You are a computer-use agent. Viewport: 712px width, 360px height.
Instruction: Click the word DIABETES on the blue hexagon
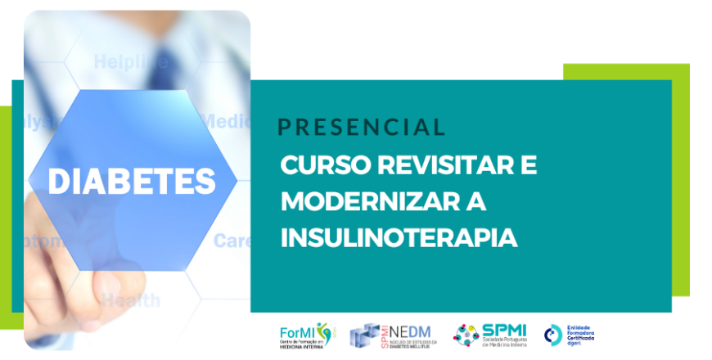[x=132, y=180]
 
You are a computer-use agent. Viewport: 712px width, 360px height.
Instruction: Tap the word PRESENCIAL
[x=361, y=127]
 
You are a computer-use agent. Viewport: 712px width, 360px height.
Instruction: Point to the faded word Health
[x=130, y=300]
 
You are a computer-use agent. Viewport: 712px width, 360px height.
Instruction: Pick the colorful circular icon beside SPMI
[x=468, y=335]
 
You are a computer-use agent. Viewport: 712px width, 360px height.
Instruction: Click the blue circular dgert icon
[x=553, y=334]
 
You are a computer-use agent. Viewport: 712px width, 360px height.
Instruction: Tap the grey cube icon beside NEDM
[x=365, y=335]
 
